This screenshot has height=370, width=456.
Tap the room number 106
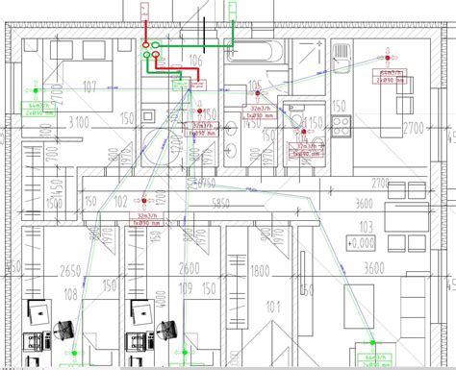(198, 61)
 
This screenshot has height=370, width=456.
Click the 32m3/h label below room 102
(147, 216)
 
